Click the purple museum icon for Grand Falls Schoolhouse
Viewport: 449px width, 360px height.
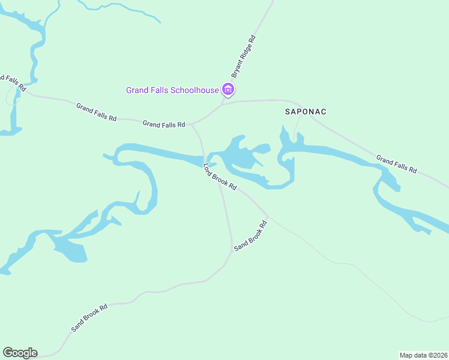pos(228,90)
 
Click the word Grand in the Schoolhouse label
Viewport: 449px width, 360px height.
pos(136,91)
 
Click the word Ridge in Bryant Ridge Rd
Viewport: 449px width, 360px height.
pos(246,53)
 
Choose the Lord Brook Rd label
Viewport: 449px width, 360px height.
pos(220,178)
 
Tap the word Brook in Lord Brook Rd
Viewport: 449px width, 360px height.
pos(220,178)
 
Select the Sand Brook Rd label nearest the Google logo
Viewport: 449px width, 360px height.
pos(89,318)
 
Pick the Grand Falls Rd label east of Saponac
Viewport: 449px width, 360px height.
pos(396,164)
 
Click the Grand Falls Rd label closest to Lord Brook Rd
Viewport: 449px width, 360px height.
pos(163,124)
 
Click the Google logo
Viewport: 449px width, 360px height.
pos(20,353)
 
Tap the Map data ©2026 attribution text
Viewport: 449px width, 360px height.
pos(424,355)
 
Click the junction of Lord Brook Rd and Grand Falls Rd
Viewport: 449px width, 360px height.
pos(192,125)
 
